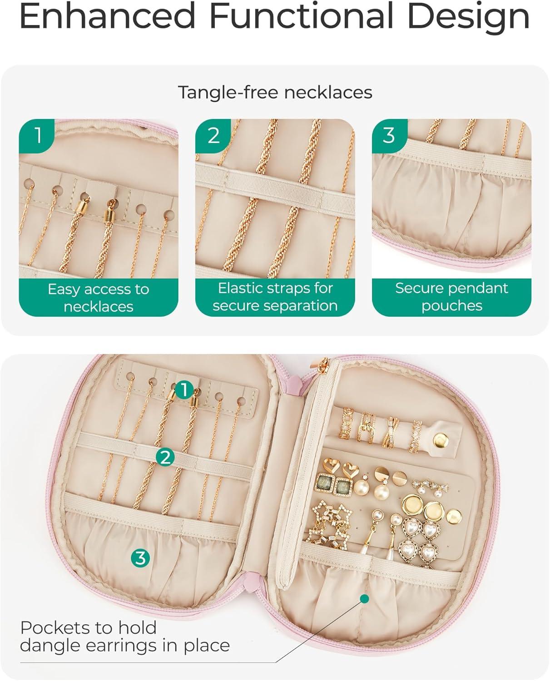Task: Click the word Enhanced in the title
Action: (107, 15)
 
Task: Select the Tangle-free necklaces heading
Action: (275, 93)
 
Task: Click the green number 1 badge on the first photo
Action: (37, 136)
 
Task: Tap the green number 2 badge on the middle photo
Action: (213, 136)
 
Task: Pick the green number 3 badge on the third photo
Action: (390, 136)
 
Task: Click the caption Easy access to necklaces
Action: (99, 298)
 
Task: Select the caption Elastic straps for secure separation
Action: (275, 297)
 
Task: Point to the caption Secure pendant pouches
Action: (451, 297)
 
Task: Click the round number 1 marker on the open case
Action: (184, 390)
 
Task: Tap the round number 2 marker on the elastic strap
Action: (165, 457)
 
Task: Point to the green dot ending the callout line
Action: (364, 598)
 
